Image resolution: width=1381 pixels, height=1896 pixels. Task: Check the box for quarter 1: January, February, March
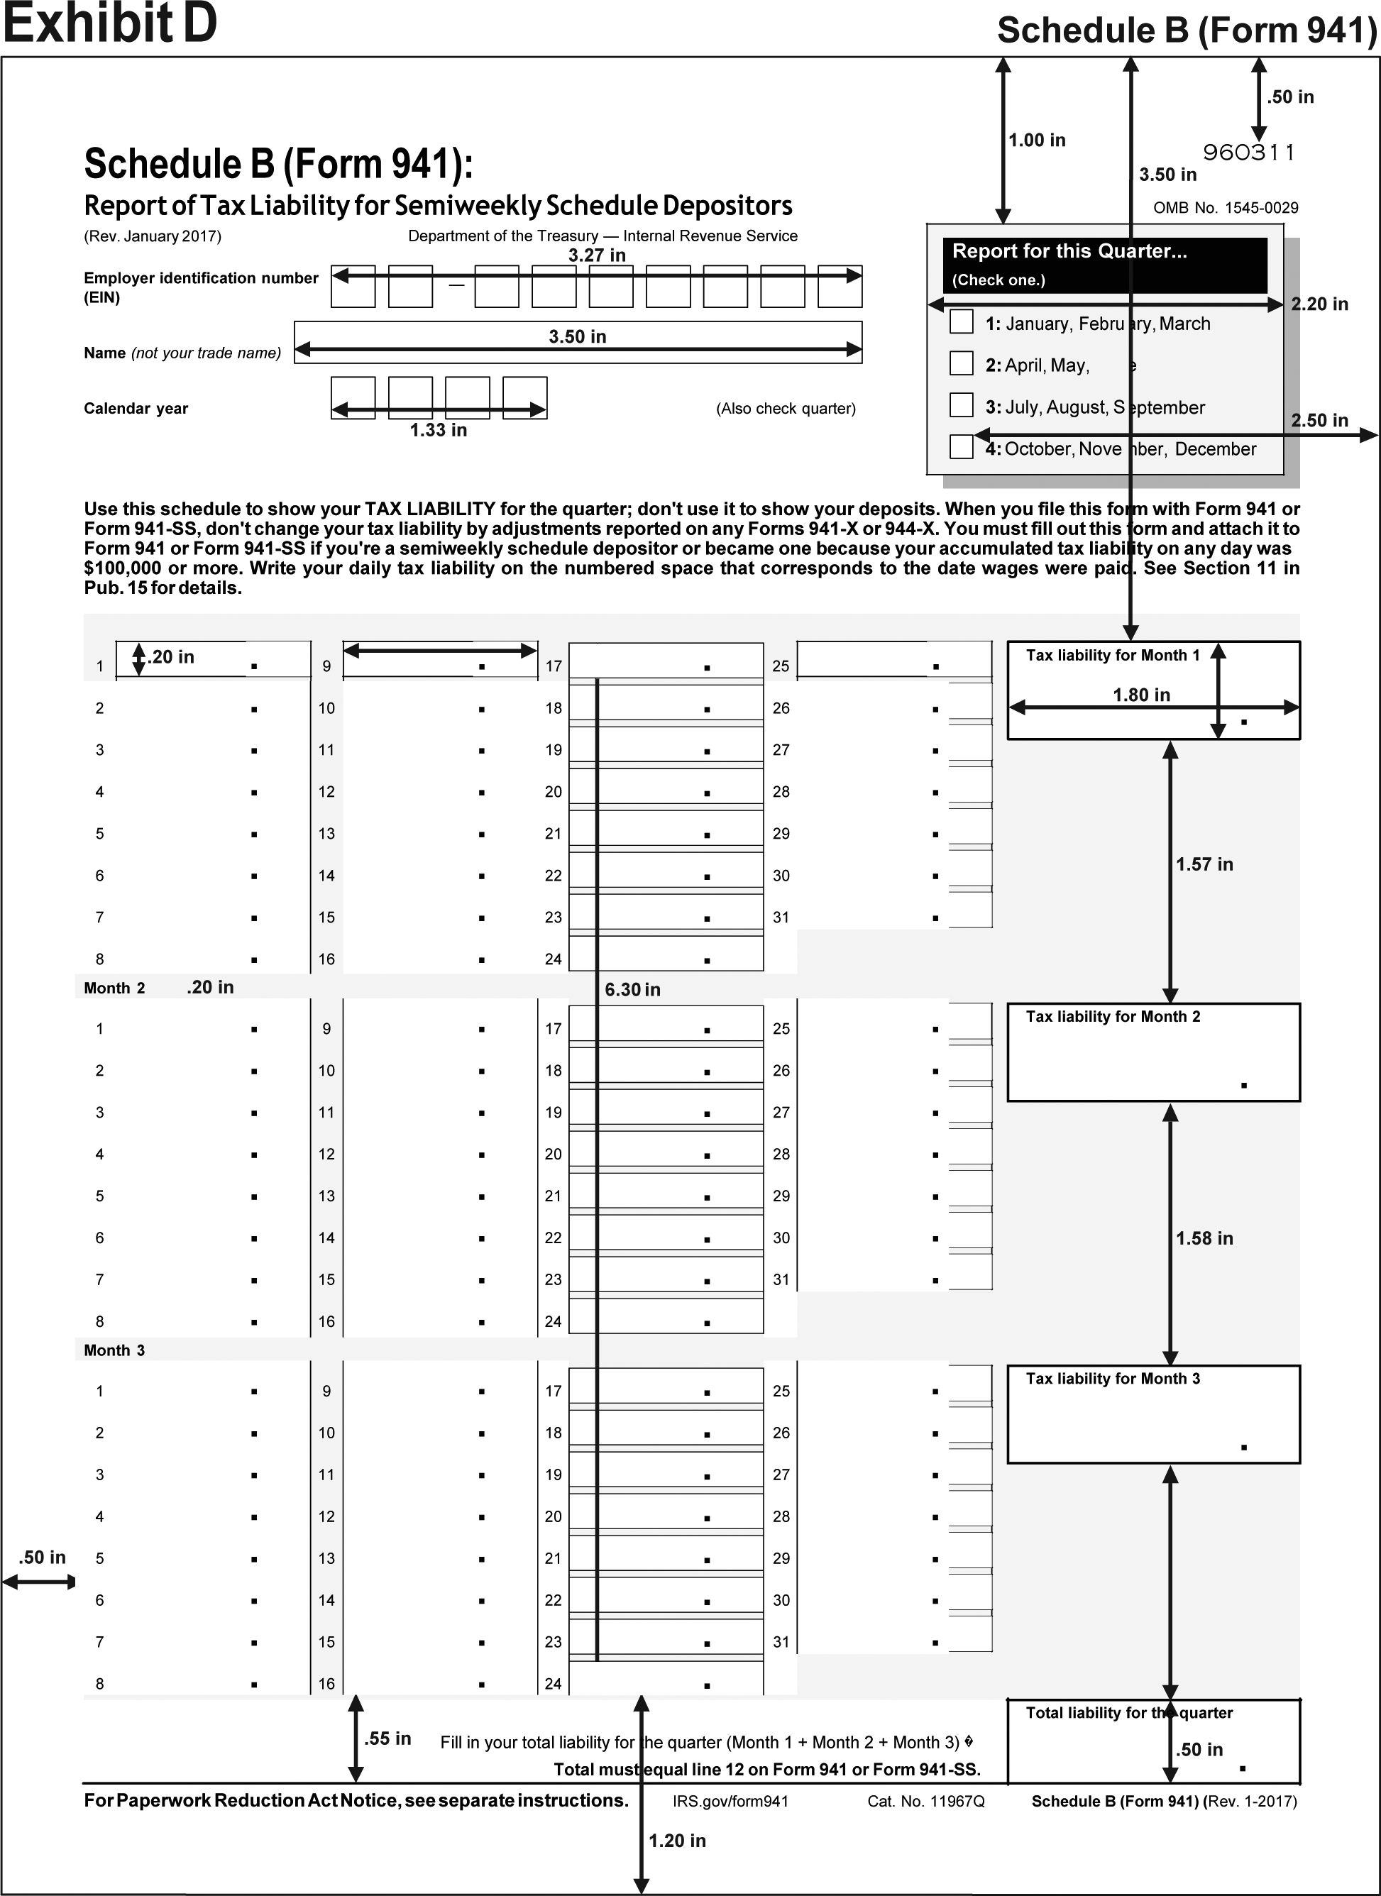pyautogui.click(x=962, y=322)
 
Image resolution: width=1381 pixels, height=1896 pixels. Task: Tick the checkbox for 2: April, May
pyautogui.click(x=962, y=363)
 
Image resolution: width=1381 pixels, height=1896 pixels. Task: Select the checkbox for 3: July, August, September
pyautogui.click(x=962, y=404)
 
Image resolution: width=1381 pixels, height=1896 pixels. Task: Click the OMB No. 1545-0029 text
pyautogui.click(x=1226, y=208)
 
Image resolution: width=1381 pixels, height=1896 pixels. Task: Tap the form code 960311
pyautogui.click(x=1249, y=152)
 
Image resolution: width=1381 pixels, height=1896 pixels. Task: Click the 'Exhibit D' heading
pyautogui.click(x=109, y=23)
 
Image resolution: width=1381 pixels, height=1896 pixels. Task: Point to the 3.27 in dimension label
pyautogui.click(x=597, y=255)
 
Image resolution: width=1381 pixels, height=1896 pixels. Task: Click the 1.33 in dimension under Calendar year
pyautogui.click(x=438, y=431)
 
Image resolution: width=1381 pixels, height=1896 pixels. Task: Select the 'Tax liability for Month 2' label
pyautogui.click(x=1113, y=1017)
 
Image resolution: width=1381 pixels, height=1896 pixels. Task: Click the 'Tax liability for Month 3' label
pyautogui.click(x=1113, y=1379)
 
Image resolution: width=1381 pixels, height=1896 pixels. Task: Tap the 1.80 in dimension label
pyautogui.click(x=1141, y=695)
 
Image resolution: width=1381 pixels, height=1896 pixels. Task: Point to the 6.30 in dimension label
pyautogui.click(x=633, y=990)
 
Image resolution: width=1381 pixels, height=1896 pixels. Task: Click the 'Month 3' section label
pyautogui.click(x=114, y=1350)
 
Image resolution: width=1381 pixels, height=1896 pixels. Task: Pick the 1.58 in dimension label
pyautogui.click(x=1204, y=1238)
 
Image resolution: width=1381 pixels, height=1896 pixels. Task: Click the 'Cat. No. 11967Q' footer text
pyautogui.click(x=926, y=1801)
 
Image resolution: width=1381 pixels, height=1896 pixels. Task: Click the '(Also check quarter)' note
pyautogui.click(x=786, y=409)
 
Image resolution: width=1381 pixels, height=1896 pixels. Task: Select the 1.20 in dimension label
pyautogui.click(x=677, y=1840)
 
